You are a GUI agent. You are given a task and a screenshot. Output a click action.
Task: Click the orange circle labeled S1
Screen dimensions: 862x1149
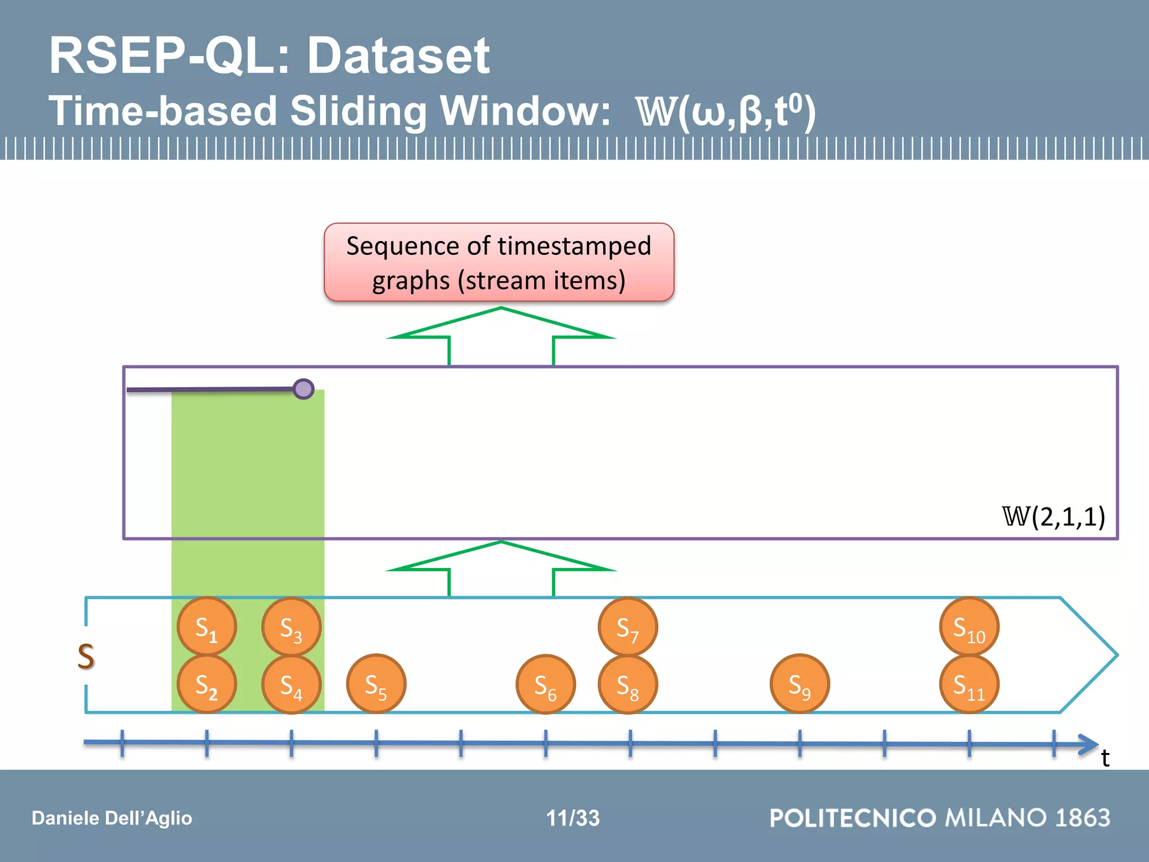coord(206,626)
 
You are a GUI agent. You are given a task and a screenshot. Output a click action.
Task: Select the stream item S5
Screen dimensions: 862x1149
coord(376,684)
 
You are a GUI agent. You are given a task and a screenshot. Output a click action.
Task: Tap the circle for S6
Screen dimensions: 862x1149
coord(545,684)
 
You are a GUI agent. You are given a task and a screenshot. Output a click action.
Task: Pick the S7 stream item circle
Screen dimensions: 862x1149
coord(627,626)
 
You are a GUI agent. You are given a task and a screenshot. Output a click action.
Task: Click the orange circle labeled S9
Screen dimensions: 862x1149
coord(799,684)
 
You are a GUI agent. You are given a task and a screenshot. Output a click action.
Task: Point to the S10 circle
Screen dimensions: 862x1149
coord(969,626)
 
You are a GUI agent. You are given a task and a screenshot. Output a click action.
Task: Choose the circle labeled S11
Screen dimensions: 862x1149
coord(969,684)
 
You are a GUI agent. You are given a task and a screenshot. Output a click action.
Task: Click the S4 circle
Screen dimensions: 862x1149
coord(291,684)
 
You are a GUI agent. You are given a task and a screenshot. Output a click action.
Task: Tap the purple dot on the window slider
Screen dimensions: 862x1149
coord(304,389)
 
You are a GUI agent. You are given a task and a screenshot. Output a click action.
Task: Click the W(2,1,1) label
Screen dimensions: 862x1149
coord(1053,516)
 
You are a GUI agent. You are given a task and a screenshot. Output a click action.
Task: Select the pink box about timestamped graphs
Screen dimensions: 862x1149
coord(499,262)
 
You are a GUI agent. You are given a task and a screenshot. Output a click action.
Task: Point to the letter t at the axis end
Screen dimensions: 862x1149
coord(1105,758)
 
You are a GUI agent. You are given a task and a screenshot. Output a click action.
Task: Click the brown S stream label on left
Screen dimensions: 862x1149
coord(86,656)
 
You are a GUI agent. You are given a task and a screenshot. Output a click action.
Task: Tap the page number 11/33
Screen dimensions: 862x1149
coord(573,818)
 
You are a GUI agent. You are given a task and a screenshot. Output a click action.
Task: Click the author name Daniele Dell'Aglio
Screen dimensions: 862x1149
coord(112,818)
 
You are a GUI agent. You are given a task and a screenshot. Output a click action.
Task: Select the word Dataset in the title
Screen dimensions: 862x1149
coord(398,56)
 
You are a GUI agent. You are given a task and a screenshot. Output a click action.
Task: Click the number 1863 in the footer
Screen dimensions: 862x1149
coord(1082,818)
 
